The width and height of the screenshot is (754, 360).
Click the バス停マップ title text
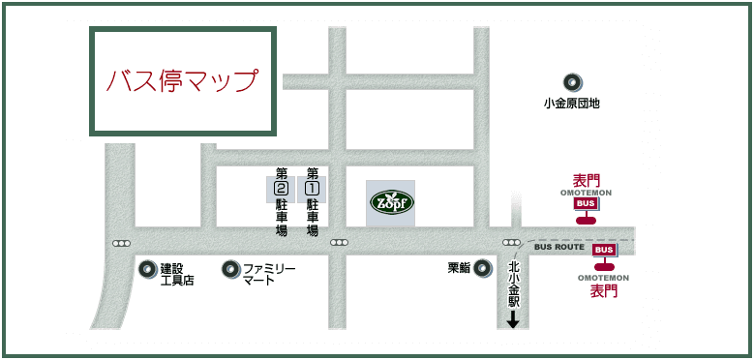[182, 80]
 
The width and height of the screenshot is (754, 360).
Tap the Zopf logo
[392, 203]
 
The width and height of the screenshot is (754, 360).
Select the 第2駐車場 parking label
[282, 202]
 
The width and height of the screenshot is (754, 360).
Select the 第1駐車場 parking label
[313, 202]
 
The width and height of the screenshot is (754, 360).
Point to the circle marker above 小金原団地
[572, 82]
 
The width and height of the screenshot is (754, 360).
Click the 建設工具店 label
[178, 274]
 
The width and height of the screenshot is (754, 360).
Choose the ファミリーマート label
[268, 274]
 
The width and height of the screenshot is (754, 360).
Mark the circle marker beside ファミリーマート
[231, 269]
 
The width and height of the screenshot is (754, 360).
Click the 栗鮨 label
[459, 268]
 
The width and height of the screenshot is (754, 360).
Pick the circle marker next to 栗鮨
[482, 268]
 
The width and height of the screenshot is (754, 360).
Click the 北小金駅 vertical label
[514, 285]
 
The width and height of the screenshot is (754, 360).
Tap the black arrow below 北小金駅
[513, 319]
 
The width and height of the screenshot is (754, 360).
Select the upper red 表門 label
[587, 181]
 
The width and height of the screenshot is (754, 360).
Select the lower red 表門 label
[604, 290]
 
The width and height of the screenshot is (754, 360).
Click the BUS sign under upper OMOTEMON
[586, 204]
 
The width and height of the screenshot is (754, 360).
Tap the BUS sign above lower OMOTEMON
[605, 250]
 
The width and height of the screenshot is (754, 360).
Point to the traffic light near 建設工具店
[121, 243]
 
